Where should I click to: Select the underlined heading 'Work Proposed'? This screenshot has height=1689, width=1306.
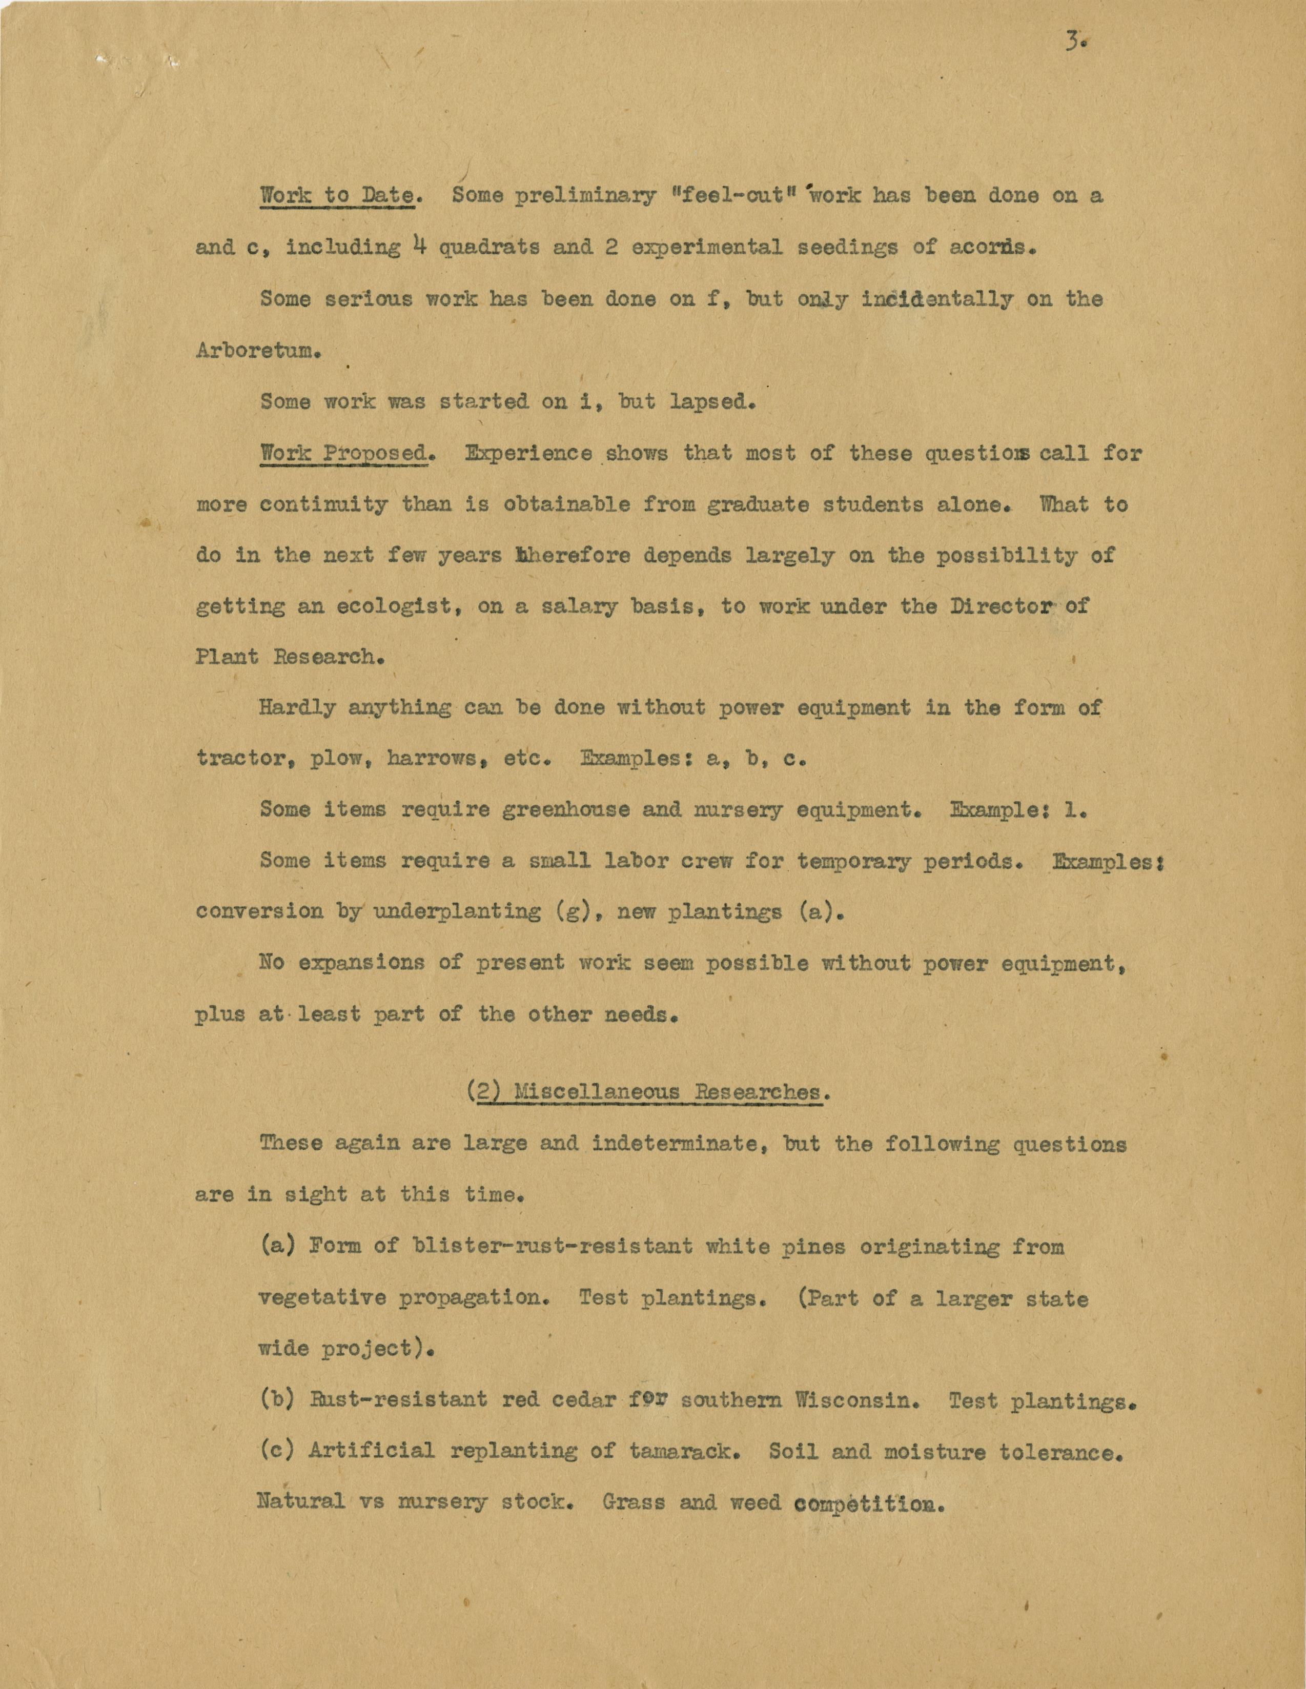[x=343, y=453]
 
